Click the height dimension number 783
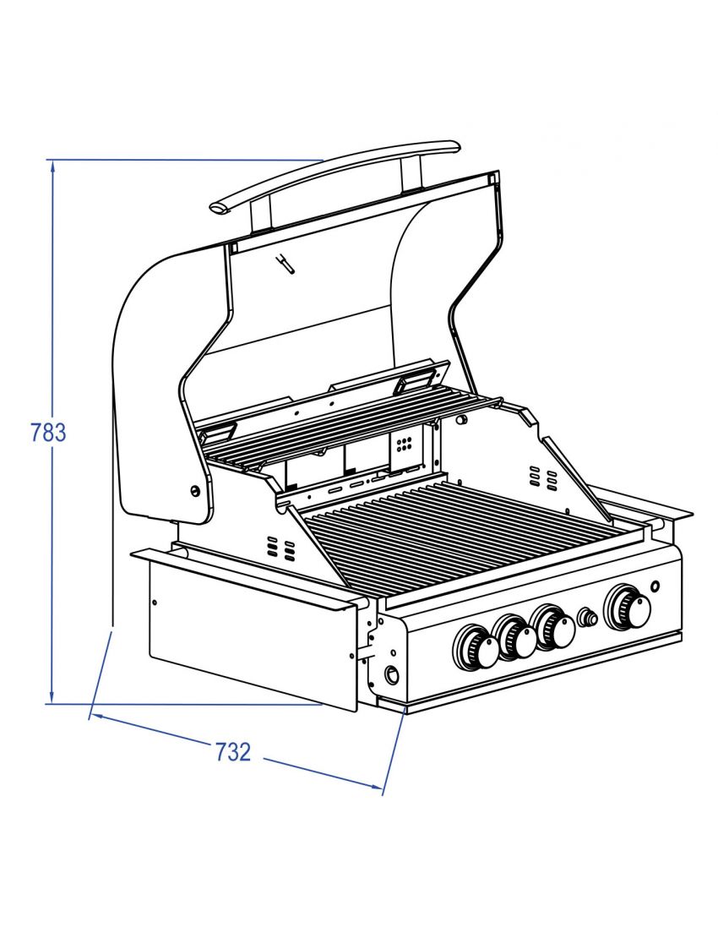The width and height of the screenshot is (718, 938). [48, 433]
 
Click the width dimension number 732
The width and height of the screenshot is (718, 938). [232, 751]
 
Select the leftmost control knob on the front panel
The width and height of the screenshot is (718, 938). [477, 649]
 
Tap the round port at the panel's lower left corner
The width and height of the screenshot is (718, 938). [392, 675]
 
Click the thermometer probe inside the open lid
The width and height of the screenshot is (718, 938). [285, 264]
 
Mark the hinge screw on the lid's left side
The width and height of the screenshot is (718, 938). [195, 491]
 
